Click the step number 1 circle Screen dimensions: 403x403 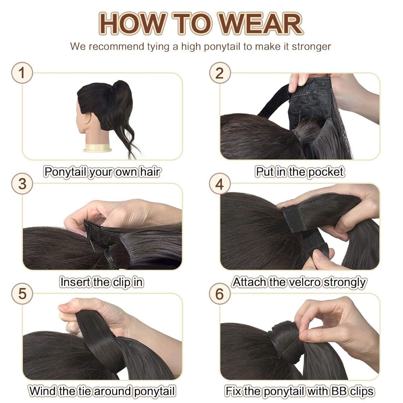(22, 73)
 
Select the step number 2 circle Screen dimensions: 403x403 (220, 73)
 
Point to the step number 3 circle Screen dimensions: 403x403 (22, 184)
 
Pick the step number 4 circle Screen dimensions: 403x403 (220, 184)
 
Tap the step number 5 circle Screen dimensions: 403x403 (22, 294)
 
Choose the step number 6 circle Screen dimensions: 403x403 (220, 294)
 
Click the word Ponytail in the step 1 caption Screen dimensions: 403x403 (65, 172)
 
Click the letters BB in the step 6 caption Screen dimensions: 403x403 (339, 391)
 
